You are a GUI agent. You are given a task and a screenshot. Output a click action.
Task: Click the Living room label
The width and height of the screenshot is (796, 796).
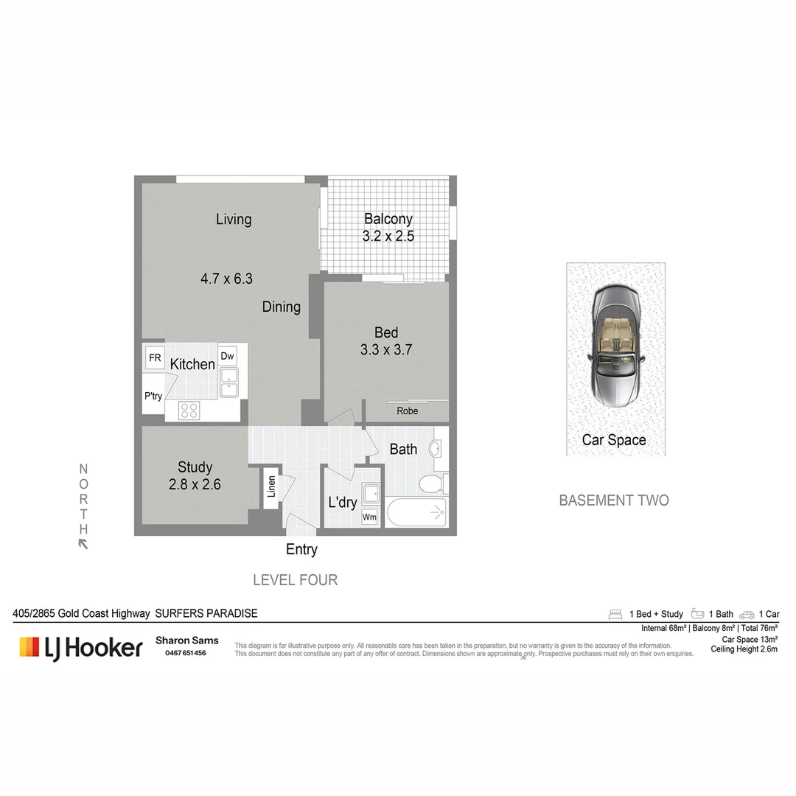click(x=234, y=219)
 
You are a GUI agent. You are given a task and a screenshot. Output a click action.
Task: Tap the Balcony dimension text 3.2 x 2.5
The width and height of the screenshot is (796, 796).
click(x=388, y=237)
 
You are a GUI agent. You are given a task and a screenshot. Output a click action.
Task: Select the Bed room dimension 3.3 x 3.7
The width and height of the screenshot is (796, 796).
click(x=385, y=350)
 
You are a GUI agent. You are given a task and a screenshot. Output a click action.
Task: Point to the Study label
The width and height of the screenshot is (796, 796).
click(x=195, y=467)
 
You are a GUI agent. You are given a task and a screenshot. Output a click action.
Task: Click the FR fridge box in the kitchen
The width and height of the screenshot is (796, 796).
click(x=155, y=358)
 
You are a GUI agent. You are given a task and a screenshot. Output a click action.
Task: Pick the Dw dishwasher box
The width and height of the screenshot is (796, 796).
click(x=227, y=356)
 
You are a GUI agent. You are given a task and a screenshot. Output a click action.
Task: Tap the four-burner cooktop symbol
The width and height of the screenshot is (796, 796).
click(x=189, y=411)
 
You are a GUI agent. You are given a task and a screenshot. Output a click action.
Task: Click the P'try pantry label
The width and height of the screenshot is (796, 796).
click(x=153, y=396)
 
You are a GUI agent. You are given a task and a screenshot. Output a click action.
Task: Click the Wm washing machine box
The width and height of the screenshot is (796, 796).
click(x=369, y=517)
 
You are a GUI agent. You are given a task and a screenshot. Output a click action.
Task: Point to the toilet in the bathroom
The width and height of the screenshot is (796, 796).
click(x=430, y=483)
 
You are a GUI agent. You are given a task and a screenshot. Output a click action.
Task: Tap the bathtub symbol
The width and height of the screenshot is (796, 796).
click(x=416, y=512)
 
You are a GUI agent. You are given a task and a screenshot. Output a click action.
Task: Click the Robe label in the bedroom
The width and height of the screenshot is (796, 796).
click(x=407, y=411)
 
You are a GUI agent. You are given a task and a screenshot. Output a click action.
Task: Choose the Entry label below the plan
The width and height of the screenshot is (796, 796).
click(x=301, y=549)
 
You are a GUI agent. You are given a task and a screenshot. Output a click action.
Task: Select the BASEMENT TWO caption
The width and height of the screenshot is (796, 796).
click(x=614, y=500)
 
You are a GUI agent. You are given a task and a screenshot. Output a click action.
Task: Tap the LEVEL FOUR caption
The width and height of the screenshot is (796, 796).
click(x=295, y=580)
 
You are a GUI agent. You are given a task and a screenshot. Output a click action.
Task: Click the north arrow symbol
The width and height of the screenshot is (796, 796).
click(x=83, y=544)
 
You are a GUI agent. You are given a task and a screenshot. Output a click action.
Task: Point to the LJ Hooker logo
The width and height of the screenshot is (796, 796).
click(x=81, y=648)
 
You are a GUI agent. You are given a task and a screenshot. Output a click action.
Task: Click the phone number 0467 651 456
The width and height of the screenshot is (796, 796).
click(x=181, y=653)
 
